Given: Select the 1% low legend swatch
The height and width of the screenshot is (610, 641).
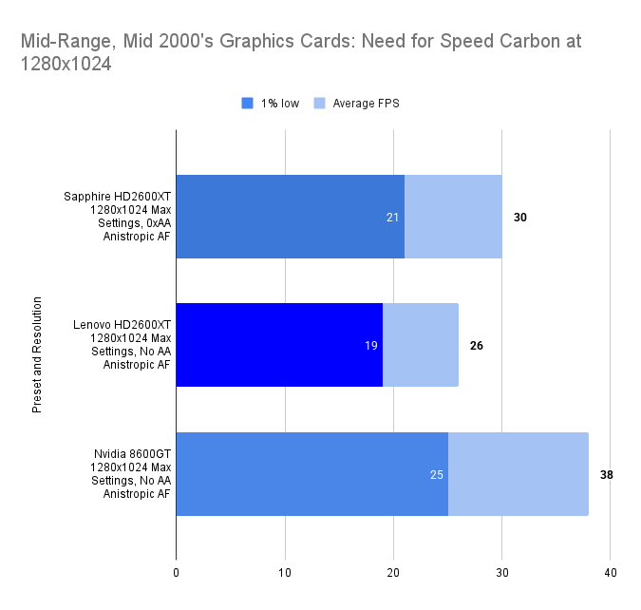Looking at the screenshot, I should coord(248,104).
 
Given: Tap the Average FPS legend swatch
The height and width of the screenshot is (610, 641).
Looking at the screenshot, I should coord(320,104).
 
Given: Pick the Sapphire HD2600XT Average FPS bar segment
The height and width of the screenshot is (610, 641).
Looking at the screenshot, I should coord(453,217).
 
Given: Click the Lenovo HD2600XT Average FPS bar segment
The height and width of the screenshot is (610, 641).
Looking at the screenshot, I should coord(420,345).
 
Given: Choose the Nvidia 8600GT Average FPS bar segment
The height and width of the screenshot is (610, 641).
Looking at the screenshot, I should coord(518,474).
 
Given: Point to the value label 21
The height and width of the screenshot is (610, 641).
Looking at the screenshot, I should coord(392,218).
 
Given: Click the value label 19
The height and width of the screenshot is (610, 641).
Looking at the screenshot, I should coord(370,346).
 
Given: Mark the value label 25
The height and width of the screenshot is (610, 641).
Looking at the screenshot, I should coord(436,474).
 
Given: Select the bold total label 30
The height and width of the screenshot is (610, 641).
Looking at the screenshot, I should coord(519,218).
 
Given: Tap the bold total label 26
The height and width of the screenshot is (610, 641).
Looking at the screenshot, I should coord(476,346).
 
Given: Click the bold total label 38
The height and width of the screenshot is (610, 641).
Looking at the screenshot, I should coord(606,474).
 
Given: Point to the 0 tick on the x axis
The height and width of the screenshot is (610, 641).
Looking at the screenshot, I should coord(176,572).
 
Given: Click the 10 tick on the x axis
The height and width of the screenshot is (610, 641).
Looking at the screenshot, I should coord(285,572).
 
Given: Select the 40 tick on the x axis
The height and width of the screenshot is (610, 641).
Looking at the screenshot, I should coord(611,572).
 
